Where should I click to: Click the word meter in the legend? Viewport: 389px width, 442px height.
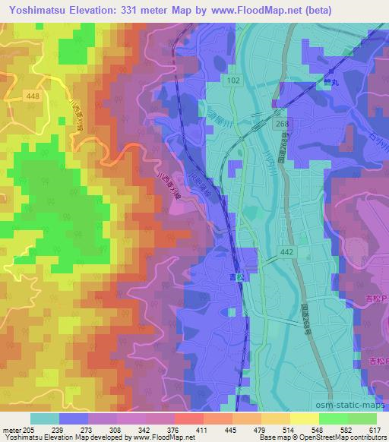point(13,430)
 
